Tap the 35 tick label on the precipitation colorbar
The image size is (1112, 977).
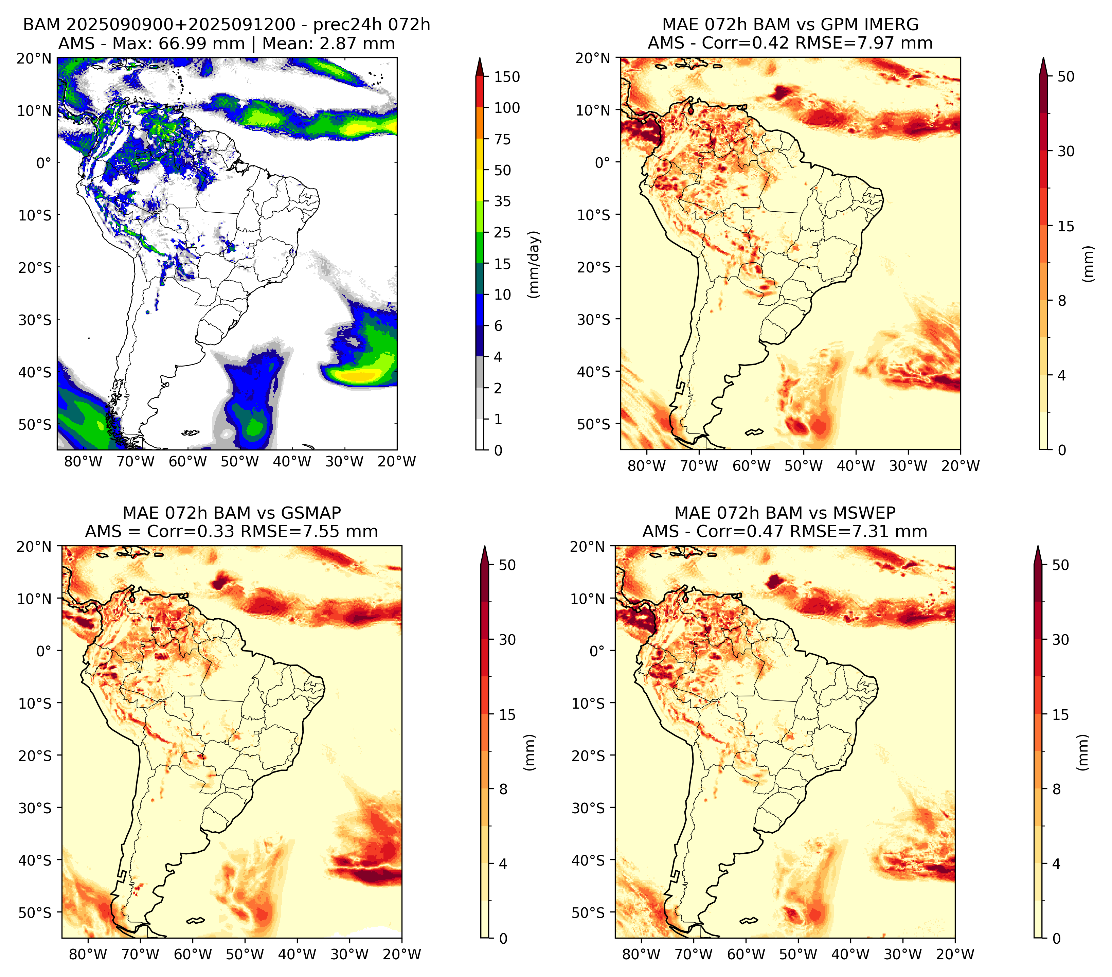[x=502, y=201]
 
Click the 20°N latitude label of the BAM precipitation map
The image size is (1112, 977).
[x=34, y=59]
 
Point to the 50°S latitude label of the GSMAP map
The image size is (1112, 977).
[x=35, y=912]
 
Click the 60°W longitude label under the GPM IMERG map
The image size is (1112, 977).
[x=751, y=466]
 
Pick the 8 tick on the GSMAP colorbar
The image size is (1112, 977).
[x=503, y=789]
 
